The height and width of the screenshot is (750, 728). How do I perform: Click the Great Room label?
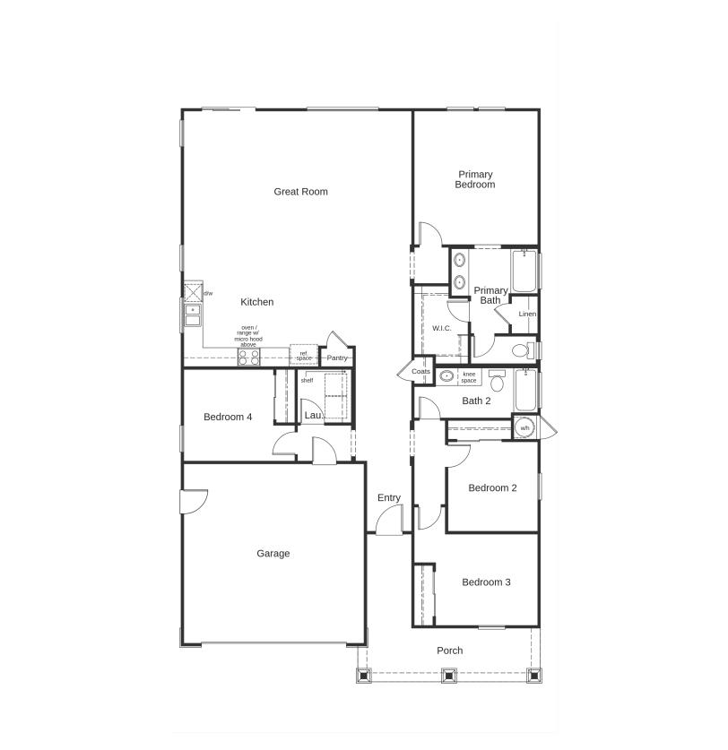(x=300, y=191)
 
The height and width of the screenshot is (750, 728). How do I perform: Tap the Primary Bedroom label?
(x=475, y=179)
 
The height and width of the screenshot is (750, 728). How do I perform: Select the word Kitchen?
(x=256, y=302)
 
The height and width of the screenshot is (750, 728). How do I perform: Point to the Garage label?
(x=273, y=554)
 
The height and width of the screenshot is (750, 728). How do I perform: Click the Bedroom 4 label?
(x=228, y=417)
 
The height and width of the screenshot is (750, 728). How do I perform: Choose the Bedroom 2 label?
(x=493, y=488)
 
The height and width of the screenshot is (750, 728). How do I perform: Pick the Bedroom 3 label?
(x=486, y=582)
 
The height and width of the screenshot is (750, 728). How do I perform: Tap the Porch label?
(x=449, y=651)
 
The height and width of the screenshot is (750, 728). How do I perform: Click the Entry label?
(x=388, y=498)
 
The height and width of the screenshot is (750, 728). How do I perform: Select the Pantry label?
(x=337, y=358)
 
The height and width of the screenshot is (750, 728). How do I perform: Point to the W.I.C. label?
(x=442, y=328)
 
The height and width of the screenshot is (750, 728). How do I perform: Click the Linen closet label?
(x=527, y=315)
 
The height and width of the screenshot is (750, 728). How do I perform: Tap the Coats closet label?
(x=421, y=371)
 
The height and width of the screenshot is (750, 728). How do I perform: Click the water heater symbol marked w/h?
(x=525, y=428)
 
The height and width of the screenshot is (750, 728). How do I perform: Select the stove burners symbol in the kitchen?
(x=248, y=357)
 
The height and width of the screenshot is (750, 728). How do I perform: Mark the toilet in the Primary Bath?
(x=522, y=349)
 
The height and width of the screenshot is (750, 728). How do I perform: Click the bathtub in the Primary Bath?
(x=524, y=272)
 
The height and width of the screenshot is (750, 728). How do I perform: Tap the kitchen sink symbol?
(x=192, y=315)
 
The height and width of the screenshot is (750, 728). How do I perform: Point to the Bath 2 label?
(x=476, y=401)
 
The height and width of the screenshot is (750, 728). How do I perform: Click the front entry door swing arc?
(x=388, y=522)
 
